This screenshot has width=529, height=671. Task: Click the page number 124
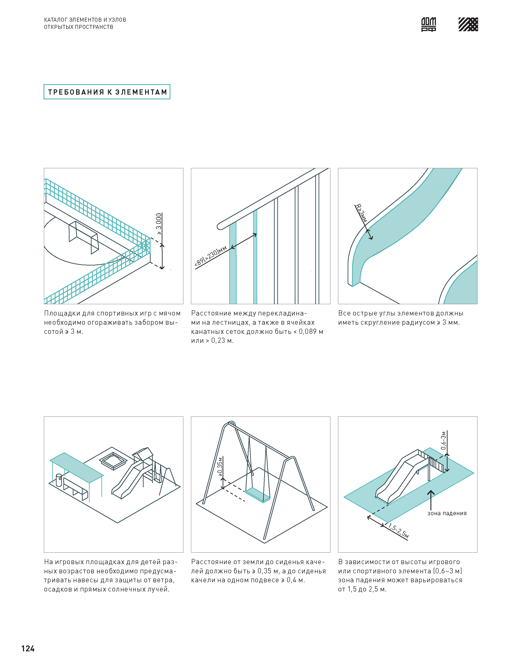tap(28, 648)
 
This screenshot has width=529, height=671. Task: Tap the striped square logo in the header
tap(468, 24)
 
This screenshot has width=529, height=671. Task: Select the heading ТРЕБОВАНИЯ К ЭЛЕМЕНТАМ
tap(107, 92)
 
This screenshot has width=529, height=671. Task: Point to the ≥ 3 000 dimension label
tap(159, 224)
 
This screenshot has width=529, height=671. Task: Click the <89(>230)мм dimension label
tap(211, 256)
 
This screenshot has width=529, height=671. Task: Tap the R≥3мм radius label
tap(361, 213)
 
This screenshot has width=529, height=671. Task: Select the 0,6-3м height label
tap(444, 440)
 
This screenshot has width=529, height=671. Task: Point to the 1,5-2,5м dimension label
tap(399, 531)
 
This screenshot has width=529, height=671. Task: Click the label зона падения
tap(447, 513)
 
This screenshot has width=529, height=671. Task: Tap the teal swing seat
tap(258, 494)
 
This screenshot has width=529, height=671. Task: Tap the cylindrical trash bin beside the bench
tap(59, 480)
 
